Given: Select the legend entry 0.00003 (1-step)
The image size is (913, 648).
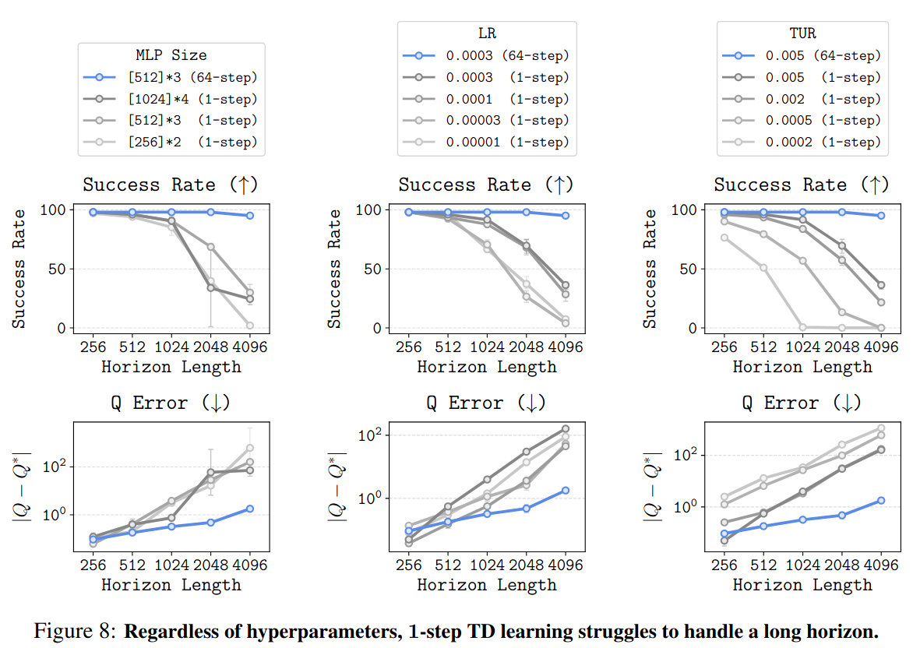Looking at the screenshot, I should click(507, 121).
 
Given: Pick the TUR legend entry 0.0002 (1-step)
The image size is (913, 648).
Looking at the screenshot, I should click(823, 142).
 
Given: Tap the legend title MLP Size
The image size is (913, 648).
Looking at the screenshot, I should click(171, 55).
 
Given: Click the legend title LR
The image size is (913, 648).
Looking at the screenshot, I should click(486, 33).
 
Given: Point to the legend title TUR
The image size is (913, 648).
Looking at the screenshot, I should click(802, 33).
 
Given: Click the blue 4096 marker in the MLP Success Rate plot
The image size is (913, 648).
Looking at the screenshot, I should click(250, 216).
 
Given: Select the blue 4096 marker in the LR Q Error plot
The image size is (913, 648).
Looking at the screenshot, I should click(566, 491).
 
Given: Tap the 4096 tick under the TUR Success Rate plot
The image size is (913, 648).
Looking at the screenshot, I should click(881, 347).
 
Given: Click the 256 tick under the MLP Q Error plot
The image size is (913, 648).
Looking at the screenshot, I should click(93, 565).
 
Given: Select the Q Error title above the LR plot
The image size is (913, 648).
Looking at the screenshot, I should click(486, 403).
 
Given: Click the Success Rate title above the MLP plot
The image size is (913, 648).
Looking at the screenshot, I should click(171, 185).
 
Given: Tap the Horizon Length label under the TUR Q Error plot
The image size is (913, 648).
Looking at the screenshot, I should click(802, 584).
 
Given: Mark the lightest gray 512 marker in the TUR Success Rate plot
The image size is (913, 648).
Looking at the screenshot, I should click(763, 268).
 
